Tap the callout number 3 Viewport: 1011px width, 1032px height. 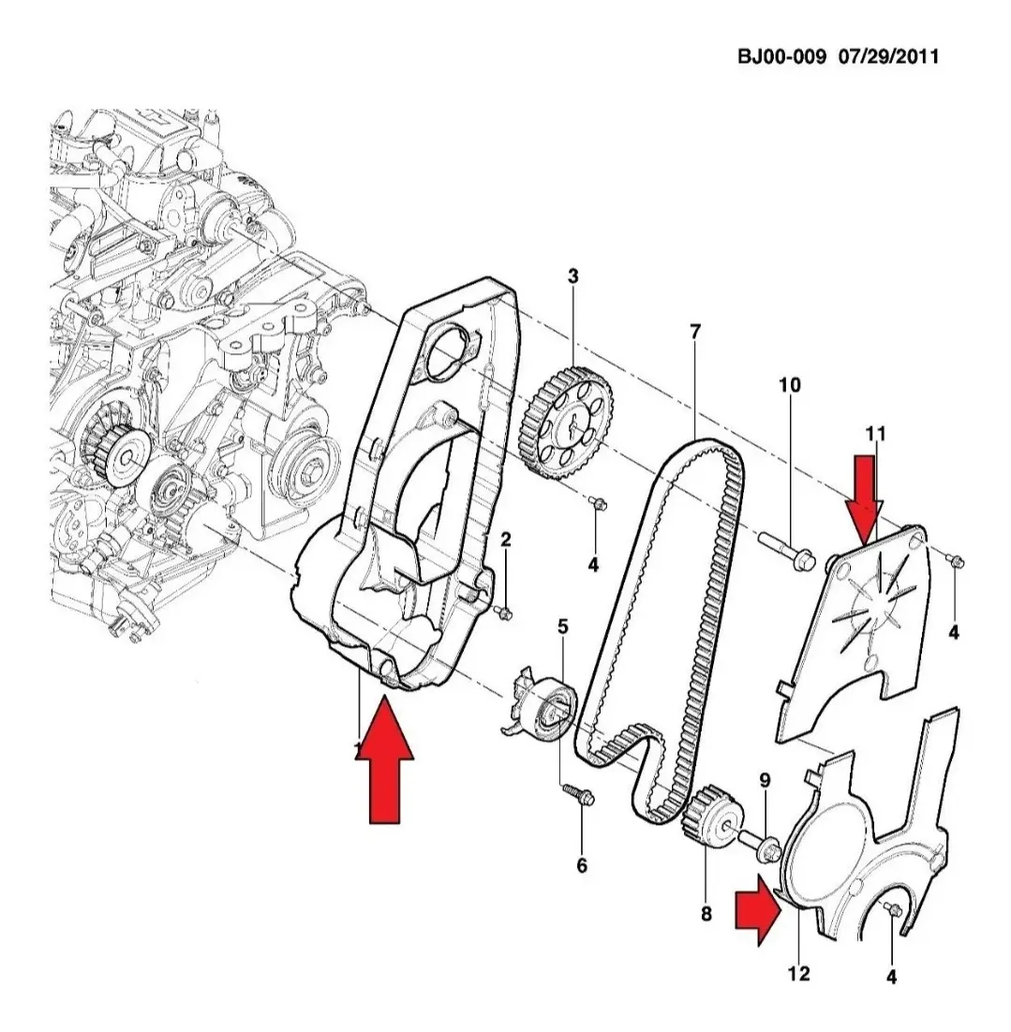tap(572, 276)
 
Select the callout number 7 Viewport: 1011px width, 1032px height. tap(694, 331)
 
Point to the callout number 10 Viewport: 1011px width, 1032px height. tap(790, 384)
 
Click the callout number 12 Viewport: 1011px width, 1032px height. tap(798, 974)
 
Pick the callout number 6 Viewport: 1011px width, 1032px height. tap(582, 865)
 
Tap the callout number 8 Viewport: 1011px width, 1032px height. tap(706, 912)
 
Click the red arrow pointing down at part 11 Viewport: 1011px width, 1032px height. tap(863, 496)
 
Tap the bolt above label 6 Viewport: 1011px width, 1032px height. tap(574, 795)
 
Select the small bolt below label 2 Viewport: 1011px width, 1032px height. tap(503, 612)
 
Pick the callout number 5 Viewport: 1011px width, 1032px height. tap(562, 625)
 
